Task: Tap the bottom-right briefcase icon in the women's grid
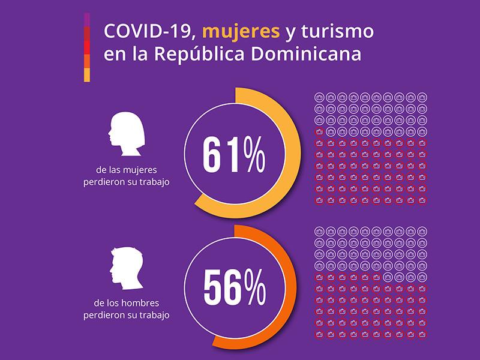[x=422, y=200]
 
